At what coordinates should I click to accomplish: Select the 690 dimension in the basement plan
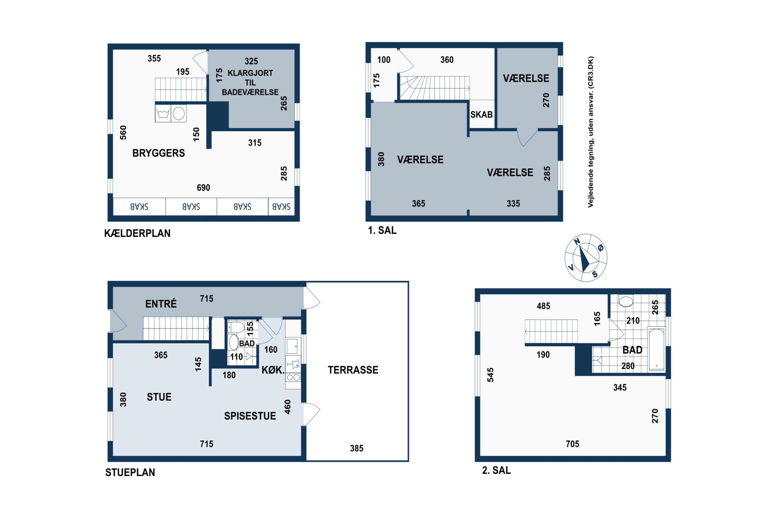click(x=203, y=188)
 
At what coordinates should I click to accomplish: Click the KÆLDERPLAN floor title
click(x=137, y=233)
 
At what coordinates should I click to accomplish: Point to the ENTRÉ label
click(x=161, y=304)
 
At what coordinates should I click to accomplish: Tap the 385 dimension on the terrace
click(x=357, y=448)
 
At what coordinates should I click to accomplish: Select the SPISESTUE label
click(x=250, y=416)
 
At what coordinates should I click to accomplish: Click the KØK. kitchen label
click(x=273, y=370)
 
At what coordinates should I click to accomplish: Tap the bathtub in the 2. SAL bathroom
click(x=656, y=349)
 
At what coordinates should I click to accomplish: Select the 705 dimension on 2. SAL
click(x=572, y=444)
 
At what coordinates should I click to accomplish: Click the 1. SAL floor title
click(x=382, y=230)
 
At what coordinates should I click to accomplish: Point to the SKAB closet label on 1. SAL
click(x=481, y=115)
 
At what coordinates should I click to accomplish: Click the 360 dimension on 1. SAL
click(x=447, y=60)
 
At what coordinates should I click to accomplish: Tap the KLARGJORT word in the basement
click(x=250, y=73)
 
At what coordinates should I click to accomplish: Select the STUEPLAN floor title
click(x=130, y=472)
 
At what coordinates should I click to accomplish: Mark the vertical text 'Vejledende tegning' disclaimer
click(x=591, y=132)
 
